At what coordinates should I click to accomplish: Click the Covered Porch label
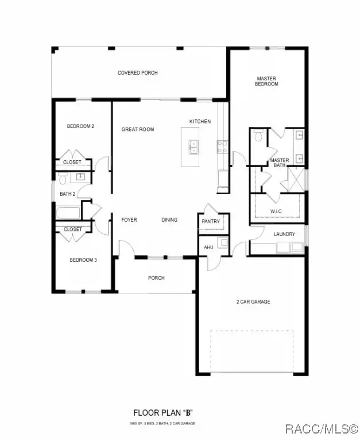click(x=137, y=73)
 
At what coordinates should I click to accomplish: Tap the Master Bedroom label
click(x=266, y=81)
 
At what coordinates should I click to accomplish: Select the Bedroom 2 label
click(x=80, y=126)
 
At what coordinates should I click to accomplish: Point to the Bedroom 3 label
click(x=83, y=260)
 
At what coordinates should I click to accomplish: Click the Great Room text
click(x=138, y=130)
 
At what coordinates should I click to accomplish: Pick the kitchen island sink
click(x=194, y=147)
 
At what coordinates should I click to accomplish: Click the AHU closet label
click(x=209, y=247)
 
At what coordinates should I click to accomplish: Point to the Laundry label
click(x=284, y=234)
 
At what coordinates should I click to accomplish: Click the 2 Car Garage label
click(x=253, y=301)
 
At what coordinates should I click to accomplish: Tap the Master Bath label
click(x=280, y=163)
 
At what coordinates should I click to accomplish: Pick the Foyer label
click(x=129, y=219)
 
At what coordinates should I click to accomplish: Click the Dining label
click(x=169, y=219)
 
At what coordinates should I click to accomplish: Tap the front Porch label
click(x=156, y=278)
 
